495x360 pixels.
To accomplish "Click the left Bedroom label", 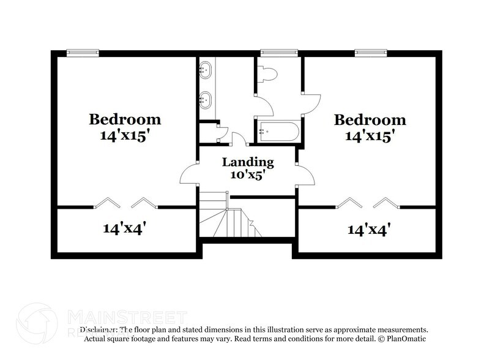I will click(125, 119).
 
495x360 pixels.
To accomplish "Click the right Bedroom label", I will click(370, 120).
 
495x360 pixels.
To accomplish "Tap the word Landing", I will click(247, 162).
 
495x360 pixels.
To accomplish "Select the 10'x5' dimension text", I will click(247, 175).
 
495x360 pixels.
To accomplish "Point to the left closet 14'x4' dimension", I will click(124, 229).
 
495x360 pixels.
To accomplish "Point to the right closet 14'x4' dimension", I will click(369, 230).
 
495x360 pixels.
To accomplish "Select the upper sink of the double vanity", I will click(207, 70).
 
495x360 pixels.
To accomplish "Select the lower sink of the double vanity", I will click(207, 98).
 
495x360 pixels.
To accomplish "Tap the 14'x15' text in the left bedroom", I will click(125, 135).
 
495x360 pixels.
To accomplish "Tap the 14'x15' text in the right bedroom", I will click(370, 136).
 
